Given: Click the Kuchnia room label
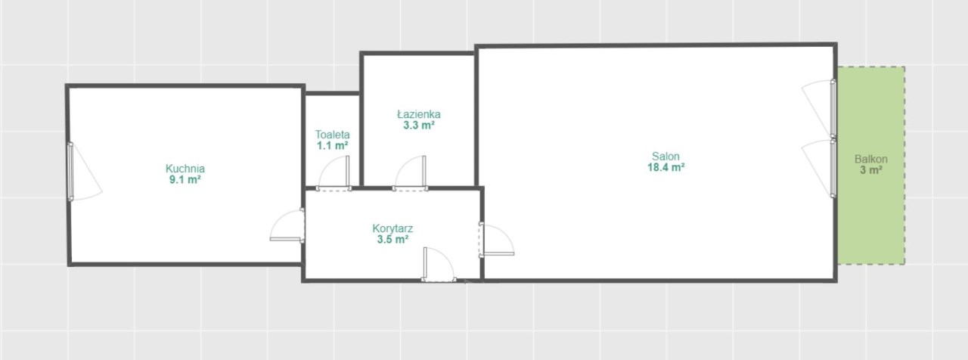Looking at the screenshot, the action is [185, 169].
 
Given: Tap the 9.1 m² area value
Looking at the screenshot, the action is [185, 180].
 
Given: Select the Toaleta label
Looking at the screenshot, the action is [332, 135].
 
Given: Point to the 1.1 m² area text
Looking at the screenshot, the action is [332, 146].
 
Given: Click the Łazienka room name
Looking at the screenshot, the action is [419, 114].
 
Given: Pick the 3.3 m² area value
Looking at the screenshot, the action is [419, 126].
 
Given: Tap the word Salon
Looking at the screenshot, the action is [665, 156].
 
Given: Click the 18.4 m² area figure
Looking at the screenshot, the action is [665, 167].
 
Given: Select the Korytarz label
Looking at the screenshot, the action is [392, 228].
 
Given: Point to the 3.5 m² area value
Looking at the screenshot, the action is [392, 240].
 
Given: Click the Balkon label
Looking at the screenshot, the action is [870, 159].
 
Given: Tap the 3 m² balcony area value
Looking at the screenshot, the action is [870, 170].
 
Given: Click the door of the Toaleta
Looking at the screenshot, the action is [334, 173].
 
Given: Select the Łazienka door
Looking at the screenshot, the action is [410, 173].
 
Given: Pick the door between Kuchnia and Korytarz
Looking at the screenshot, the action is [287, 225].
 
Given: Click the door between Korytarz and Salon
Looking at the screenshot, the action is [496, 240].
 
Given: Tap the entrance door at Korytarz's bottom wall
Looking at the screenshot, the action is [438, 265].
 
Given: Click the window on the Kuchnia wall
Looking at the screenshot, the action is [85, 172].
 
